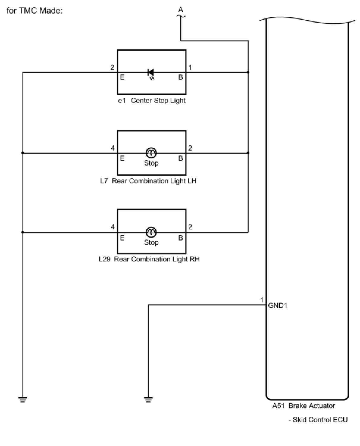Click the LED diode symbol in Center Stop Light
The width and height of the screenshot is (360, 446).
click(151, 72)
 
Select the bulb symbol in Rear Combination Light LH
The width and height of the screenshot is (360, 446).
click(151, 153)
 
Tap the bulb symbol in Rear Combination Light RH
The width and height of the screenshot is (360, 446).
click(151, 232)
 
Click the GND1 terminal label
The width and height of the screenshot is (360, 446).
click(278, 305)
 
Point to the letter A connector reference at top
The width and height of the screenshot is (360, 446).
click(181, 10)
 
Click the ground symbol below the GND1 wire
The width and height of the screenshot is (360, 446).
click(148, 399)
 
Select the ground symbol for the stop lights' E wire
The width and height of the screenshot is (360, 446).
click(23, 399)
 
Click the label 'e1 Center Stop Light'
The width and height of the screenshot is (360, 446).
click(152, 101)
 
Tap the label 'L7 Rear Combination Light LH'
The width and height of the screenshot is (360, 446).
click(148, 181)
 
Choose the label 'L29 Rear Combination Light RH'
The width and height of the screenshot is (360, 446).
click(149, 259)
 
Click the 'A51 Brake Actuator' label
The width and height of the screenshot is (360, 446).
click(303, 406)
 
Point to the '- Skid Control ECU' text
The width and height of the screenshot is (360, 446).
click(318, 420)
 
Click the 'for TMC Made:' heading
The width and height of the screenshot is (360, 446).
click(35, 11)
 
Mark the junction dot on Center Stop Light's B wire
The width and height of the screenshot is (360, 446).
click(248, 72)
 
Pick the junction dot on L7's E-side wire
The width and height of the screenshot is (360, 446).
click(23, 153)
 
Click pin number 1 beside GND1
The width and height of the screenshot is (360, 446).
click(262, 300)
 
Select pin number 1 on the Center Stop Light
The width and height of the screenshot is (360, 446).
click(190, 68)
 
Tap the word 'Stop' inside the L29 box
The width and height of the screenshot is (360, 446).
click(151, 242)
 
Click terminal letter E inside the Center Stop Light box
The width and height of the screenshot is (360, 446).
click(122, 77)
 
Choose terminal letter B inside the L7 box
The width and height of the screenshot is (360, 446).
click(181, 158)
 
